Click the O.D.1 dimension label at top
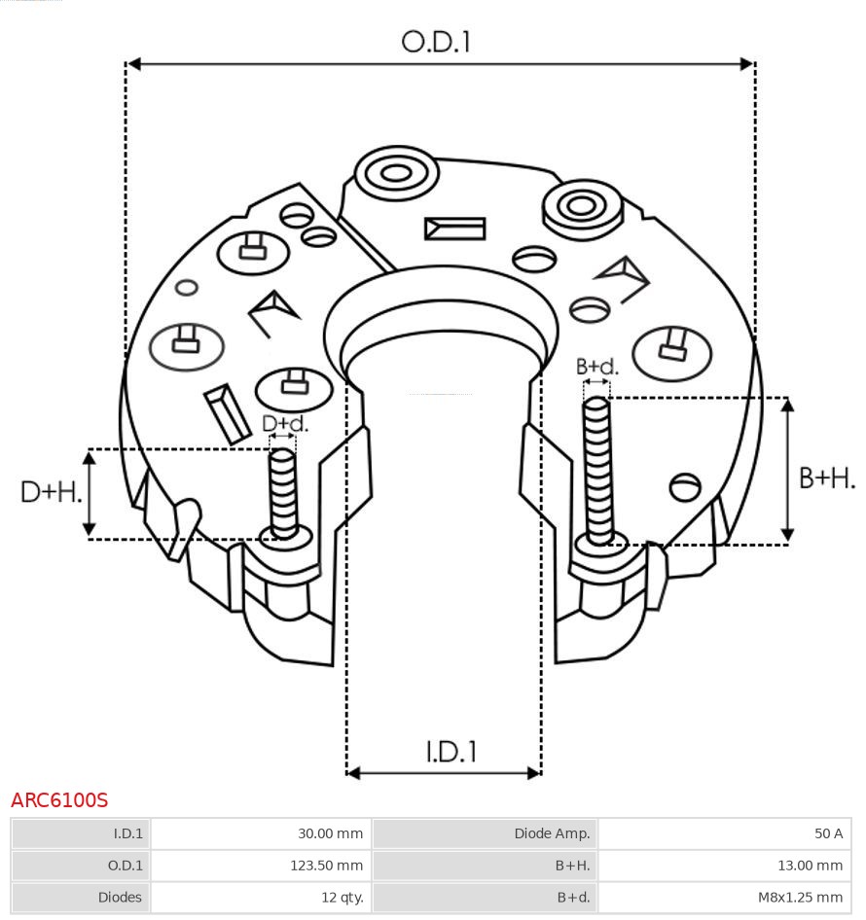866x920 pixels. pyautogui.click(x=436, y=41)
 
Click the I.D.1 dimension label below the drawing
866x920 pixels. pyautogui.click(x=451, y=751)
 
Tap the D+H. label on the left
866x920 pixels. pyautogui.click(x=51, y=492)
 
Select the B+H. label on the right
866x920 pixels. pyautogui.click(x=826, y=478)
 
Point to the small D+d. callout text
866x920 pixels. pyautogui.click(x=285, y=424)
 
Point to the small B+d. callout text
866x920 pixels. pyautogui.click(x=596, y=367)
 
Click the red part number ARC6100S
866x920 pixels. pyautogui.click(x=59, y=800)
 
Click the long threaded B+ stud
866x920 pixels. pyautogui.click(x=598, y=467)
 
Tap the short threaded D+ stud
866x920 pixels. pyautogui.click(x=283, y=491)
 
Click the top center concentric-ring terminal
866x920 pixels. pyautogui.click(x=395, y=175)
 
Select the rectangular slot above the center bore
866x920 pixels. pyautogui.click(x=454, y=229)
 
